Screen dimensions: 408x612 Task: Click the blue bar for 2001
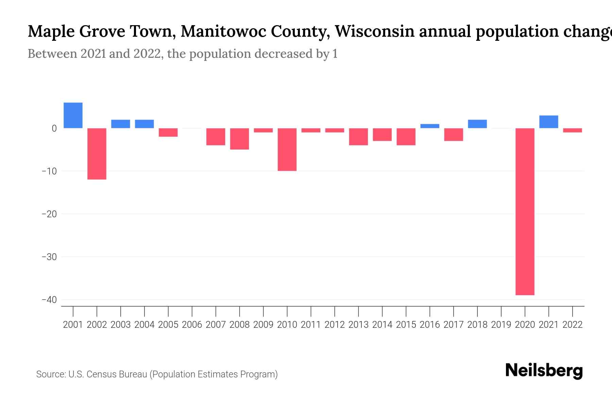point(73,115)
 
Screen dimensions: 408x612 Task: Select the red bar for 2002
point(97,154)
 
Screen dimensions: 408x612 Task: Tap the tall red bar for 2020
point(525,211)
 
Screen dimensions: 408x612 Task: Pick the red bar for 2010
point(287,150)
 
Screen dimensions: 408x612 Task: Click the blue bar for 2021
point(548,122)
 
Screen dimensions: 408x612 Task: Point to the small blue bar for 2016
point(430,126)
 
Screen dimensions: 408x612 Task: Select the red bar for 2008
point(239,139)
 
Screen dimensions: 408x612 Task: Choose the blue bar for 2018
point(477,124)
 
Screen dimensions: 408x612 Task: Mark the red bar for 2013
point(358,137)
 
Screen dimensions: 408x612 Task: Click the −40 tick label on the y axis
point(49,300)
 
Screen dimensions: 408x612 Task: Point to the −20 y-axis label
point(49,214)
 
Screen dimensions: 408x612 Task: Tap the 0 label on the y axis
point(54,129)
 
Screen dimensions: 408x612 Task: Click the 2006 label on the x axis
point(192,325)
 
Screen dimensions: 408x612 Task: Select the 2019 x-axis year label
point(501,325)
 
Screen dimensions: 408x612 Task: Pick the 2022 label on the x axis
point(573,325)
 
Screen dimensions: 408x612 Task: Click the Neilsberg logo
point(544,371)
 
